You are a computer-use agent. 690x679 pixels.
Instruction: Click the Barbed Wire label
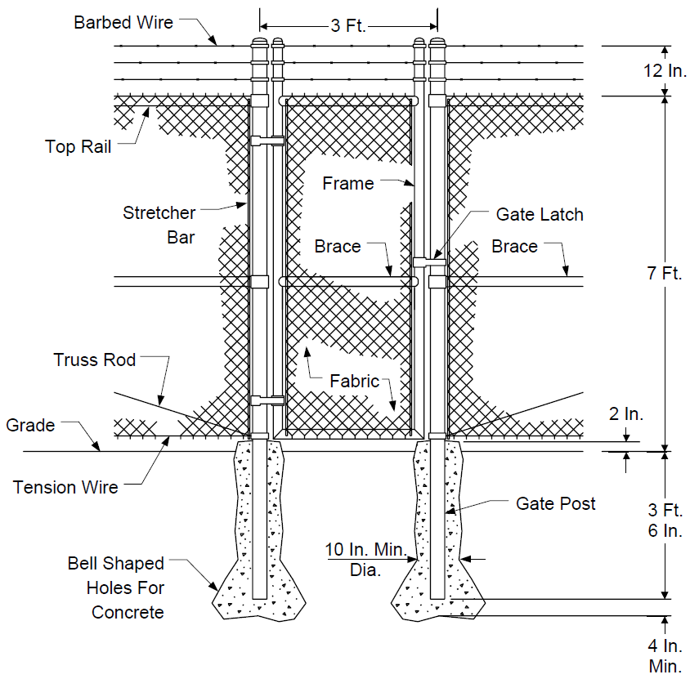pos(123,22)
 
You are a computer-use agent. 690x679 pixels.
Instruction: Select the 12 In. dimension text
pos(665,70)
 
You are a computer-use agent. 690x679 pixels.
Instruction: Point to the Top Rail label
pos(78,146)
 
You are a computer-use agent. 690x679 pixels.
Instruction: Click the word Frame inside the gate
pos(348,183)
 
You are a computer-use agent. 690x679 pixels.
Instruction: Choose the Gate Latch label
pos(540,215)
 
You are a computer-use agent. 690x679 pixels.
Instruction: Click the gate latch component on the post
pos(429,262)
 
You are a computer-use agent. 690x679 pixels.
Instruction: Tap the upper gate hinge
pos(267,141)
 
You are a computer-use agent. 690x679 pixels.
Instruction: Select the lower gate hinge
pos(267,400)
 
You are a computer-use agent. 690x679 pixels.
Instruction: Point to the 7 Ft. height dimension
pos(664,273)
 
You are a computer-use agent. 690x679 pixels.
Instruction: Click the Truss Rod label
pos(94,360)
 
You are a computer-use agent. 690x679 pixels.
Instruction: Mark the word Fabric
pos(354,381)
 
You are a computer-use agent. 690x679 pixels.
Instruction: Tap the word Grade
pos(30,425)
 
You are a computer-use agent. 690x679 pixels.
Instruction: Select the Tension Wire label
pos(65,487)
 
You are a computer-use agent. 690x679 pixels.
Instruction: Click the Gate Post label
pos(555,503)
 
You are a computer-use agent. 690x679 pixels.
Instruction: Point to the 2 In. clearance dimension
pos(625,413)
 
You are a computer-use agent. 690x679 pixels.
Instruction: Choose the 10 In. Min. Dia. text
pos(365,560)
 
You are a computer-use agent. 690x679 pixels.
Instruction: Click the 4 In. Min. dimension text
pos(665,655)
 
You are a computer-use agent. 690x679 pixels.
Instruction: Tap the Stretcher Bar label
pos(159,225)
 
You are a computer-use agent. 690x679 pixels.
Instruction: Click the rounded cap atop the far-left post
pos(259,42)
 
